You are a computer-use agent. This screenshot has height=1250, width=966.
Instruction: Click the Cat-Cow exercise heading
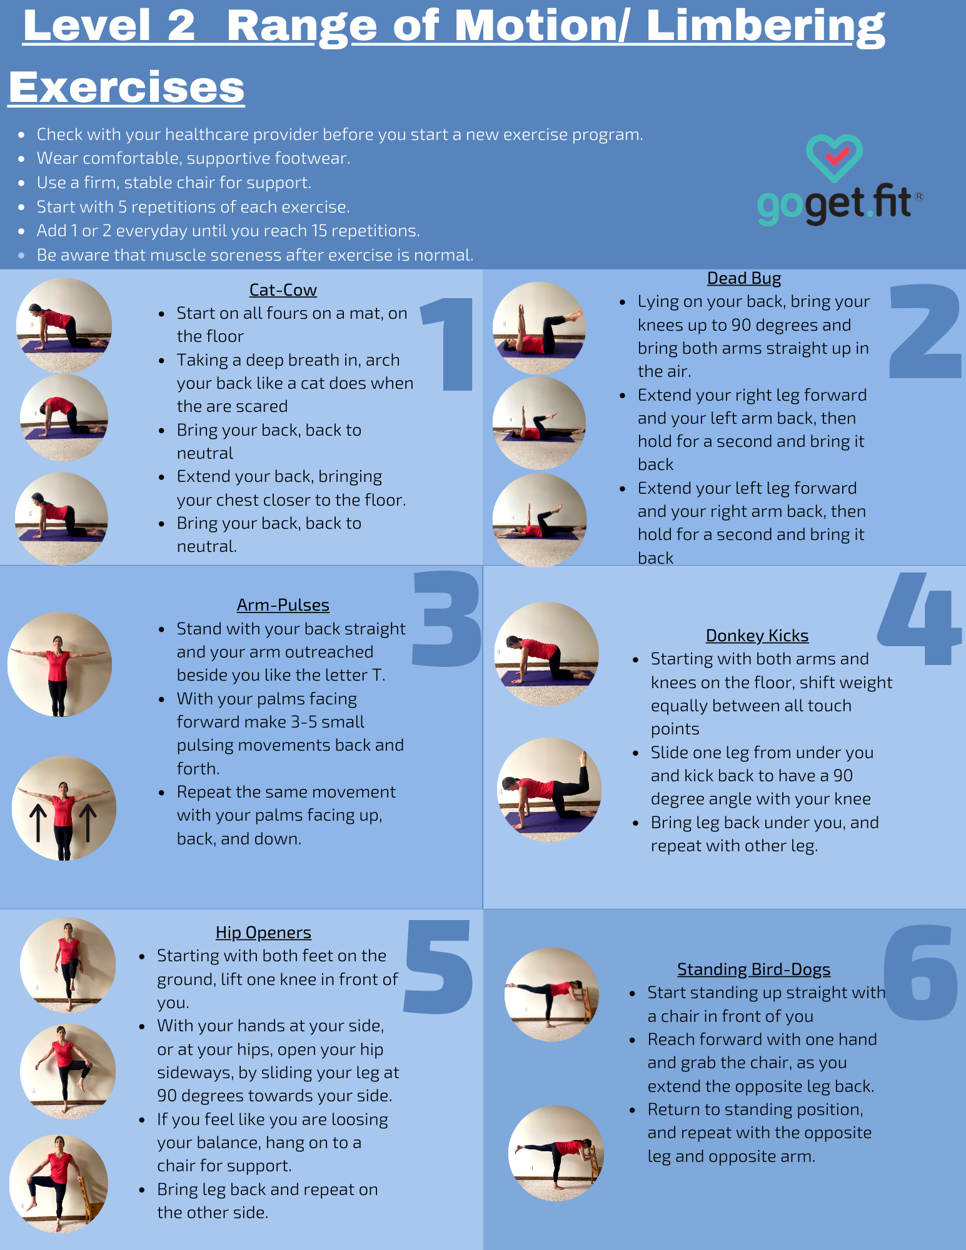[x=283, y=290]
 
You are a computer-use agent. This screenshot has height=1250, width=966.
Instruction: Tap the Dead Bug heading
[x=743, y=278]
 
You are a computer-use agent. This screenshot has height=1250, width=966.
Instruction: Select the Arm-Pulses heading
[x=283, y=605]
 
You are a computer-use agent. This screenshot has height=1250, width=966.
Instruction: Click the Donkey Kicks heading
[x=757, y=636]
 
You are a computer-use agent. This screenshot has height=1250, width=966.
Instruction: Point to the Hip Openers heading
[x=263, y=932]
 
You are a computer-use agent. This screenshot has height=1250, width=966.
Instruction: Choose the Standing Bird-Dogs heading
[x=753, y=969]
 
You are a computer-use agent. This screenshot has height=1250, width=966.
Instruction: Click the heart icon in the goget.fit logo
[x=834, y=157]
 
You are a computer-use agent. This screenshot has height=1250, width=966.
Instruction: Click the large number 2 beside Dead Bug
[x=925, y=331]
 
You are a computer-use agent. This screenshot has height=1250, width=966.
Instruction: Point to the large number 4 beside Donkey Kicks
[x=919, y=619]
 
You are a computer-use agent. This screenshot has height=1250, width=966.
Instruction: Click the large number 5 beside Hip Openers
[x=438, y=966]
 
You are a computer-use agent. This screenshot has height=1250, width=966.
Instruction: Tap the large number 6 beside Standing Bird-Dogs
[x=920, y=972]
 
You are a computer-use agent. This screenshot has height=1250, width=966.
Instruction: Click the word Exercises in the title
[x=126, y=87]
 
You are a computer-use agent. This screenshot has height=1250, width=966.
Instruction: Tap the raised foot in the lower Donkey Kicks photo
[x=583, y=758]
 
